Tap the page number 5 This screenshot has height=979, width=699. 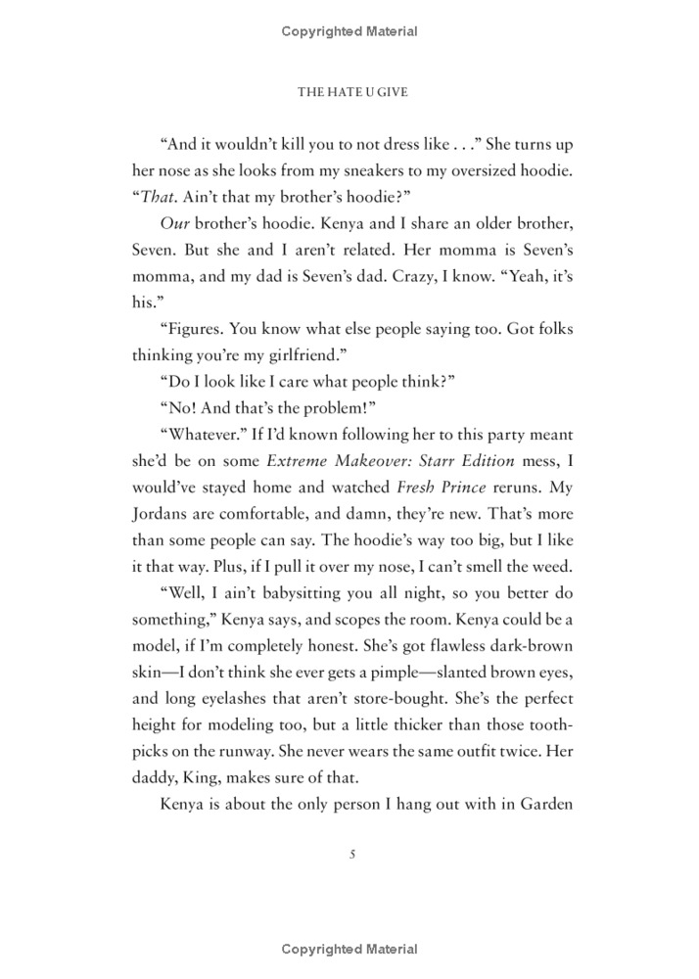pos(350,854)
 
